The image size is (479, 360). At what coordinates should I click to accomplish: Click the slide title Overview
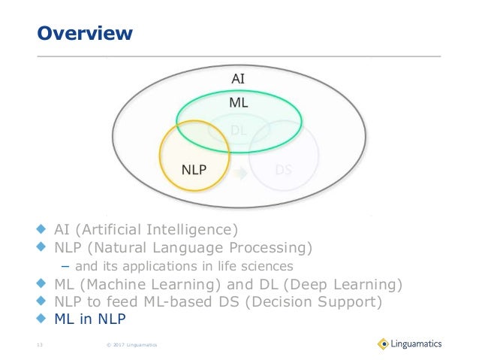85,34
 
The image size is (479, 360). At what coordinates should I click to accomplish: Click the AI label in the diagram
237,77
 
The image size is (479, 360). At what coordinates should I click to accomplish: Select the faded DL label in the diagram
239,130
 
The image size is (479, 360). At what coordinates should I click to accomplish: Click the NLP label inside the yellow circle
194,169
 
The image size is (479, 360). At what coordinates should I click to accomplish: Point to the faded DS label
283,169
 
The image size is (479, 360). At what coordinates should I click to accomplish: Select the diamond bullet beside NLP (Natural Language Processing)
42,247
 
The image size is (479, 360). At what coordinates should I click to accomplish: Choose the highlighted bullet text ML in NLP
90,320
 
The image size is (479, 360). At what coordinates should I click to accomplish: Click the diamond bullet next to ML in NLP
42,319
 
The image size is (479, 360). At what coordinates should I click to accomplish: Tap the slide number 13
40,345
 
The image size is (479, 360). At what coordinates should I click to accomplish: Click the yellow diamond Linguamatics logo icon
384,343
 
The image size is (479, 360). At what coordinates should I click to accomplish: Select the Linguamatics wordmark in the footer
418,343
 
